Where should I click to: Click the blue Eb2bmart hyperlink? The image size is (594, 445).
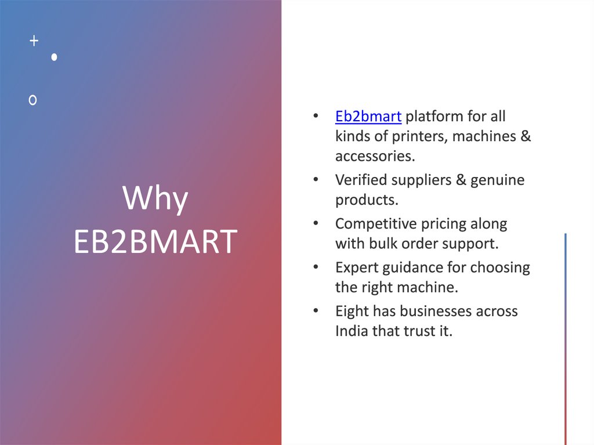point(368,117)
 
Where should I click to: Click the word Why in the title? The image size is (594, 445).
point(155,200)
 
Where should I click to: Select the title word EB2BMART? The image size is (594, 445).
point(155,242)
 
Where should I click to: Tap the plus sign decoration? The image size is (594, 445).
point(34,41)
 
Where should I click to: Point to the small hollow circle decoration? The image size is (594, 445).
point(33,100)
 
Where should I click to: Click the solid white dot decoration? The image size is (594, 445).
point(54,57)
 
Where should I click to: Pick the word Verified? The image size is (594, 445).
point(362,180)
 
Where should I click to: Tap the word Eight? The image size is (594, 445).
point(352,312)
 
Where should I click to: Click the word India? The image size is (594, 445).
point(351,331)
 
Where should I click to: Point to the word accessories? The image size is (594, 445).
point(375,156)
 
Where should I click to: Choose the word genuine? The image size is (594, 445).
point(497,180)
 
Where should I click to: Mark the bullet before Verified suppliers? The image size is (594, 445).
point(315,180)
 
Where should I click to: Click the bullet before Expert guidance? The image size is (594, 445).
point(315,267)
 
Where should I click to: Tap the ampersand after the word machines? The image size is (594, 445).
point(525,137)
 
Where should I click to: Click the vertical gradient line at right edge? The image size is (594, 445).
point(566,339)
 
